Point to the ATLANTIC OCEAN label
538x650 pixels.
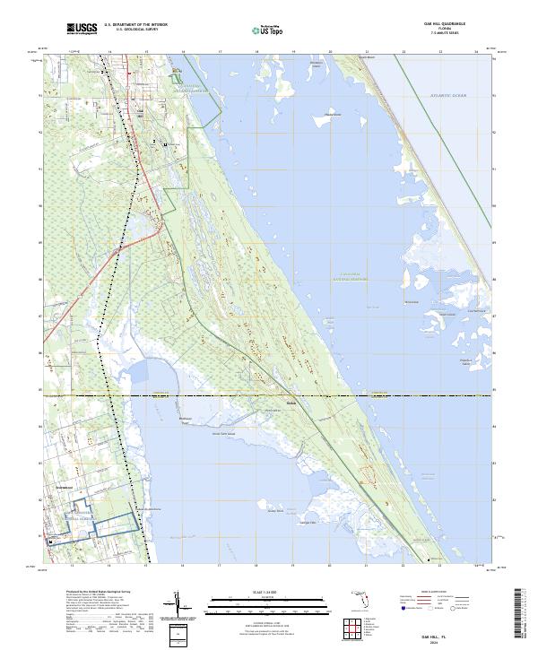coord(448,95)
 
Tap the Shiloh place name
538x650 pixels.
coord(291,401)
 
